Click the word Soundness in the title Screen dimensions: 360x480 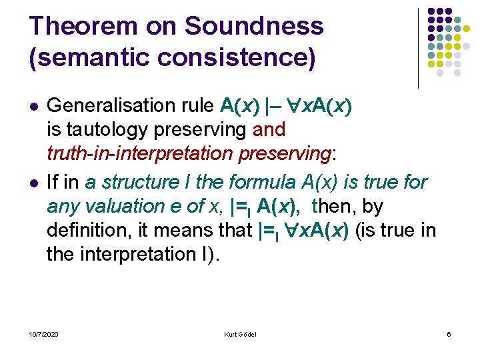tap(253, 26)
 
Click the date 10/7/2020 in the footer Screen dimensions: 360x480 tap(43, 334)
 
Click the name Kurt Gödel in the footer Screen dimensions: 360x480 tap(240, 334)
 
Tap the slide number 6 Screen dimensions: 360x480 tap(449, 334)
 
